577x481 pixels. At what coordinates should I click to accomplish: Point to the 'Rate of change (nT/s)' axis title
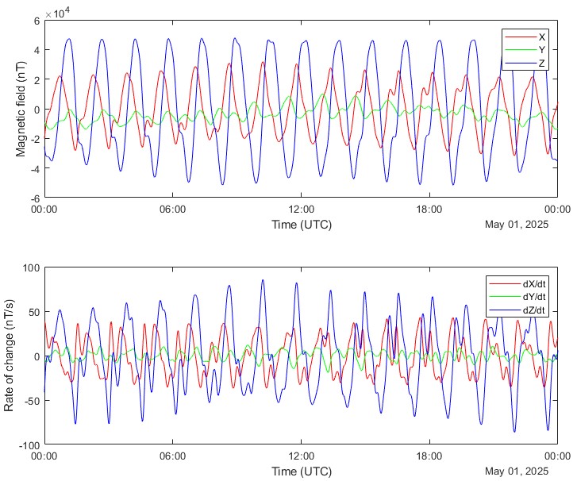point(10,356)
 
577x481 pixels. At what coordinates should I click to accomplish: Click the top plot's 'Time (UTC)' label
point(302,225)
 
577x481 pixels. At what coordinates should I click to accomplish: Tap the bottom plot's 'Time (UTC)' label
point(302,471)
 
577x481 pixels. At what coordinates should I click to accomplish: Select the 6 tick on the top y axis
point(37,21)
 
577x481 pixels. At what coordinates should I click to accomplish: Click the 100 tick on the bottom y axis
point(31,267)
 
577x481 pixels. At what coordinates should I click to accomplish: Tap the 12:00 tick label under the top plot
point(302,210)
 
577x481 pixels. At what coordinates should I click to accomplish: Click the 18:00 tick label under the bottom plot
point(430,457)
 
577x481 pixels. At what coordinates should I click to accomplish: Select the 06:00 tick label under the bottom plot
point(172,457)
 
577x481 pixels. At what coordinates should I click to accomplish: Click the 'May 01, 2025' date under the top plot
point(517,225)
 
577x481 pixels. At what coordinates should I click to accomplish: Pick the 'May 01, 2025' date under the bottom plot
point(517,471)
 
